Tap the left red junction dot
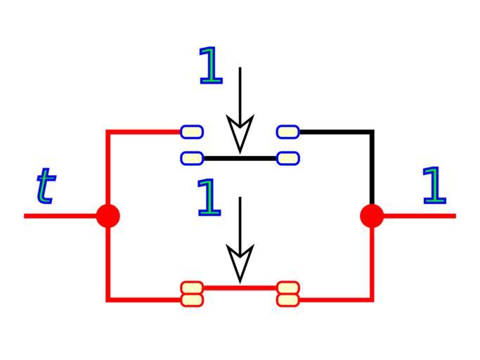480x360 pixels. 108,215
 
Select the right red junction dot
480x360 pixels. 372,215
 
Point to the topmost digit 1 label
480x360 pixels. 210,66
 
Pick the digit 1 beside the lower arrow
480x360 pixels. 209,197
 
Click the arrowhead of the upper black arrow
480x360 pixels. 240,134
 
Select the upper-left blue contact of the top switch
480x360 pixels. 192,131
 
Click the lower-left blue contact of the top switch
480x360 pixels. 192,158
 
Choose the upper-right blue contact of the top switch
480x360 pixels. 288,131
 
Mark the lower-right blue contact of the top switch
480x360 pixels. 288,158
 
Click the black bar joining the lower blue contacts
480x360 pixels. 240,158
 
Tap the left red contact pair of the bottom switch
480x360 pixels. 192,294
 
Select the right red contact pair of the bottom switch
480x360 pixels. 288,294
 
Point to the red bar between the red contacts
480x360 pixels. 240,288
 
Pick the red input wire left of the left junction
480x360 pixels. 63,215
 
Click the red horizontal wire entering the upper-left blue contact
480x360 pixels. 144,131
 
